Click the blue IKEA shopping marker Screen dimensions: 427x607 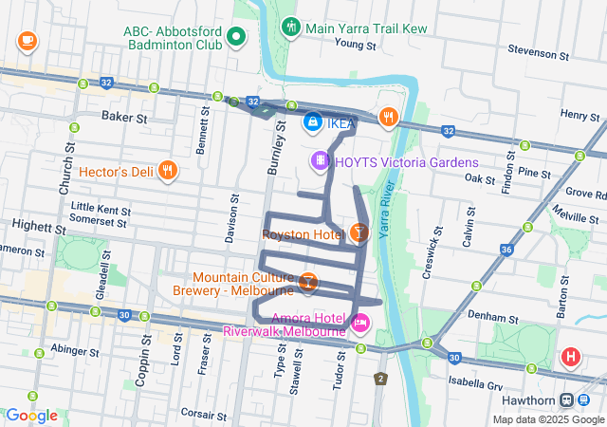312,121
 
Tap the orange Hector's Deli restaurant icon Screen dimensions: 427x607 167,171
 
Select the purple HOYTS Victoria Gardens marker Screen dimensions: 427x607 320,162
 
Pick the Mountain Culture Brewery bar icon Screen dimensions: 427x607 308,282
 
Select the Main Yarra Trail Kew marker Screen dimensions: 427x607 290,26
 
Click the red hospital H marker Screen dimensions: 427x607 571,358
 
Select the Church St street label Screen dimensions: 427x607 67,170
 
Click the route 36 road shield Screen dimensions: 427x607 506,250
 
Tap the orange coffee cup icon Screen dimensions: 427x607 27,41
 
